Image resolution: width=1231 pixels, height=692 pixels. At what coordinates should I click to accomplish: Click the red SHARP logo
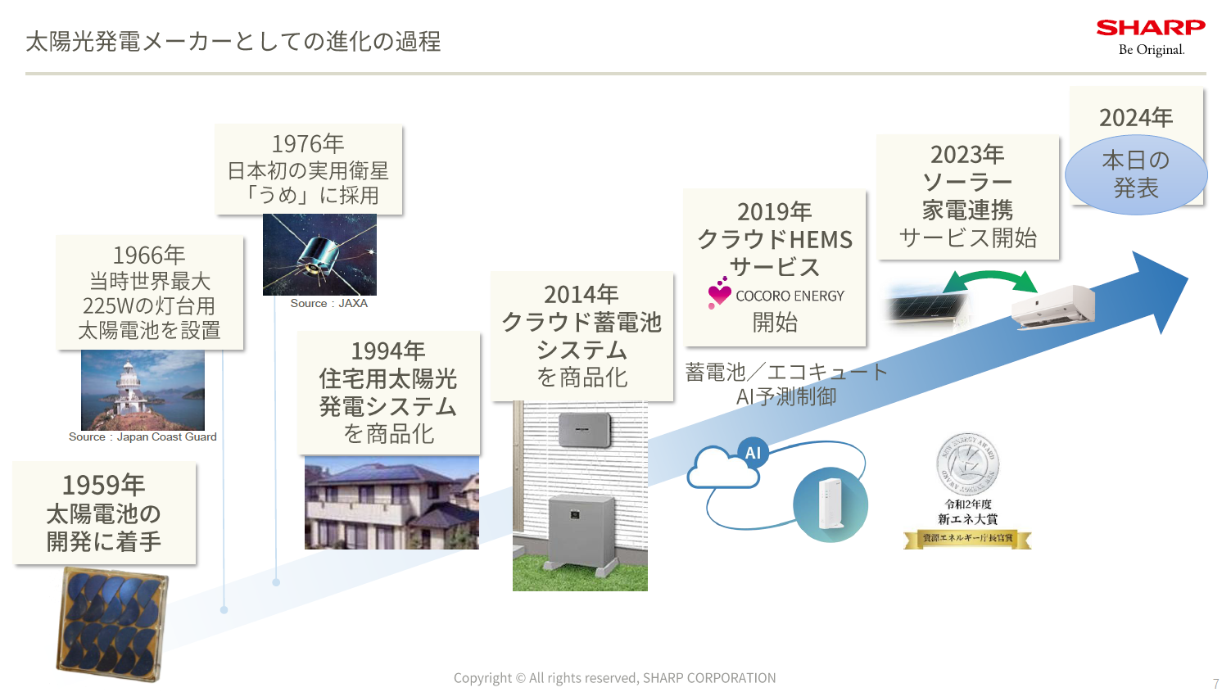click(x=1151, y=28)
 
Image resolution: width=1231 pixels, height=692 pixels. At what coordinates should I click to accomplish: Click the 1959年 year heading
click(x=104, y=485)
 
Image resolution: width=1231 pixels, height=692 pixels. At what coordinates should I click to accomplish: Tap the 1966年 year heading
click(x=149, y=255)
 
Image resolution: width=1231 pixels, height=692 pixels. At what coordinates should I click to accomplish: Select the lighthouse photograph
click(x=143, y=390)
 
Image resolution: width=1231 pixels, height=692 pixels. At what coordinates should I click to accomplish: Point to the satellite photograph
click(x=319, y=255)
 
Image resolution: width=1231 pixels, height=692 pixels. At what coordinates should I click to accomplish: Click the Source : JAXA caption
click(x=328, y=303)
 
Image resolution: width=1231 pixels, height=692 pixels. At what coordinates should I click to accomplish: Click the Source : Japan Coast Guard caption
click(x=143, y=437)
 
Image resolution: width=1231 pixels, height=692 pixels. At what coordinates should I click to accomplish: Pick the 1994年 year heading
click(x=388, y=351)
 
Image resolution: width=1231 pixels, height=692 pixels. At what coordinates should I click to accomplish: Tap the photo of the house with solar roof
click(x=391, y=503)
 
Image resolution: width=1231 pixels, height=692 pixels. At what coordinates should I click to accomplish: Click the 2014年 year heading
click(x=582, y=294)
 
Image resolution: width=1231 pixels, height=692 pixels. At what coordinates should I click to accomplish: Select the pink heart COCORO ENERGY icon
click(x=719, y=293)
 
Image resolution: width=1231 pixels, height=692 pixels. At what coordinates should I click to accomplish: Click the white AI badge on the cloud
click(x=753, y=453)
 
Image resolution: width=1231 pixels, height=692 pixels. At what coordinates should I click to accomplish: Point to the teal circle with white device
click(x=830, y=504)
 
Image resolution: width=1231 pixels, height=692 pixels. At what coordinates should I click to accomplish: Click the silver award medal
click(x=967, y=464)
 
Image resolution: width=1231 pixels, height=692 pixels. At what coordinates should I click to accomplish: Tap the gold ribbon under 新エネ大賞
click(x=967, y=539)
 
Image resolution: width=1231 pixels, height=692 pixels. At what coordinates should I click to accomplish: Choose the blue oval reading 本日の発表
click(x=1136, y=174)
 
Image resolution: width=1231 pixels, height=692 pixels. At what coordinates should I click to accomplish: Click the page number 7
click(x=1216, y=684)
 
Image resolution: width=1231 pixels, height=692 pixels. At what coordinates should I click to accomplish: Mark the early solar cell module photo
click(x=112, y=624)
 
